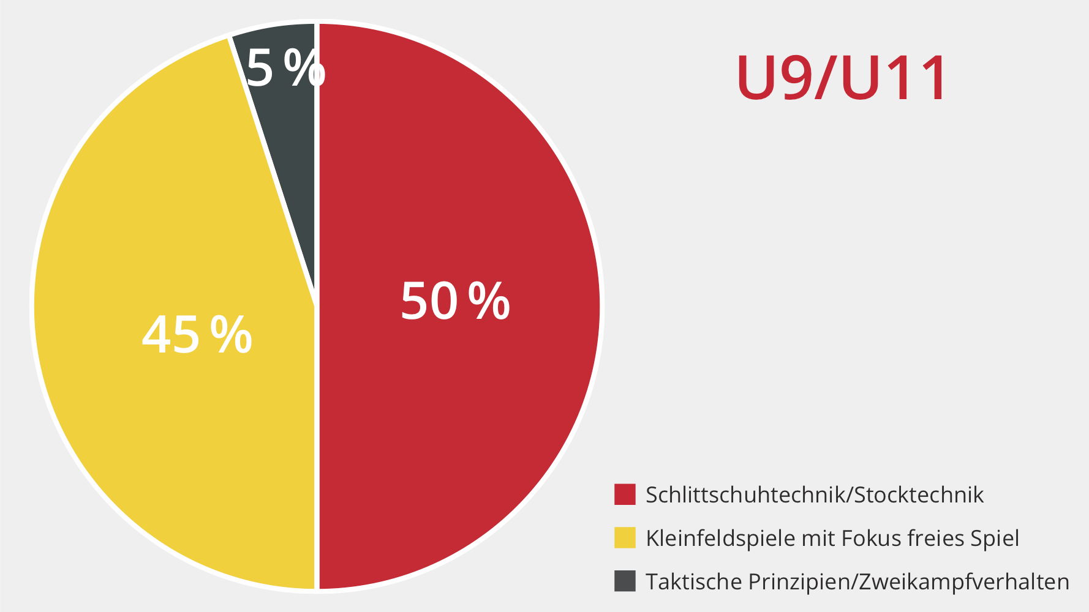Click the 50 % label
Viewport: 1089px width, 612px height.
click(x=454, y=301)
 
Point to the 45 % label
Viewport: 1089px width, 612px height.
click(x=197, y=335)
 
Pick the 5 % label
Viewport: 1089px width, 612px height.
click(x=285, y=69)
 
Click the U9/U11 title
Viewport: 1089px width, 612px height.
click(x=842, y=78)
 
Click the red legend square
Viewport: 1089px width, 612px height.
click(x=625, y=494)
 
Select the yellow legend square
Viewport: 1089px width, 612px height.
click(x=625, y=538)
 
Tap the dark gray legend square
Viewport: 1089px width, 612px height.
click(x=625, y=581)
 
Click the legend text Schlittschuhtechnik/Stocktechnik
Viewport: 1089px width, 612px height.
click(x=815, y=494)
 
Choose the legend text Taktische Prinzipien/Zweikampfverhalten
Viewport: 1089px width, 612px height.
click(x=857, y=581)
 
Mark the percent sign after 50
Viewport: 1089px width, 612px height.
click(x=489, y=301)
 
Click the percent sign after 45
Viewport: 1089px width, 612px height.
click(x=231, y=335)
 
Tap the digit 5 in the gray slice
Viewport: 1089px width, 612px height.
click(x=260, y=69)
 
